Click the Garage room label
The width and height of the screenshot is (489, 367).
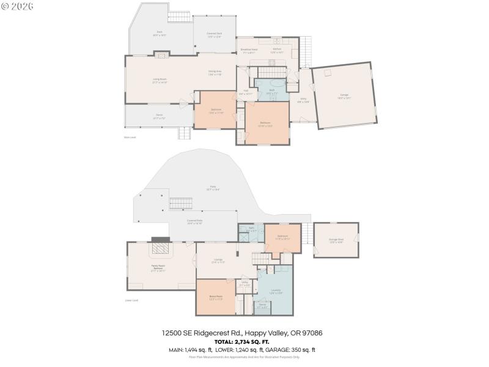point(345,95)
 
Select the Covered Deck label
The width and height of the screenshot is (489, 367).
point(214,35)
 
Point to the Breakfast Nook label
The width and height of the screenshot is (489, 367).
point(249,50)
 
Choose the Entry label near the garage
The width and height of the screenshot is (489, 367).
point(303,100)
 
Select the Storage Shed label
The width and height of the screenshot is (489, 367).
point(336,241)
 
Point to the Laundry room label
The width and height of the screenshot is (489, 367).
point(276,291)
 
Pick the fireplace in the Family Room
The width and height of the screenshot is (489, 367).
point(161,248)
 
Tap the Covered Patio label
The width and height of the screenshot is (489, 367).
point(194,223)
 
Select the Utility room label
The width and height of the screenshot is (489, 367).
point(244,284)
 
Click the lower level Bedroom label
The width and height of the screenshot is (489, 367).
point(282,237)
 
